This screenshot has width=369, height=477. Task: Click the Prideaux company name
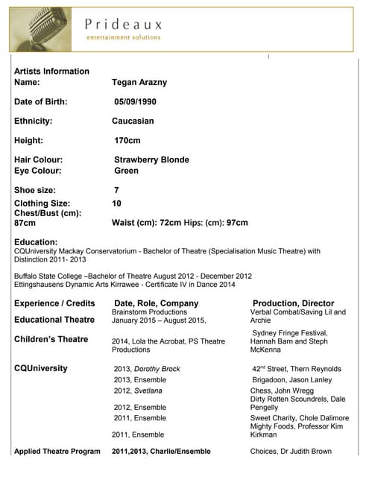(x=123, y=24)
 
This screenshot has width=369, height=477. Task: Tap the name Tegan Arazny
(x=140, y=83)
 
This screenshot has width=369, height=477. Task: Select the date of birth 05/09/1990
(x=135, y=101)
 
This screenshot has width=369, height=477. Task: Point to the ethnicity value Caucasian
(x=133, y=121)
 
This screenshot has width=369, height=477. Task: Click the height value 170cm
(x=127, y=140)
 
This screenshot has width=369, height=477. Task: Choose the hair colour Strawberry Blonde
(x=151, y=159)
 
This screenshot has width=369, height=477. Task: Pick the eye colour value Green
(x=127, y=171)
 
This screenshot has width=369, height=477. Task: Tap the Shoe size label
(x=34, y=190)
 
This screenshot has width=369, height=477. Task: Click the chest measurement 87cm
(x=25, y=223)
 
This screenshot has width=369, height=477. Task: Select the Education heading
(x=36, y=242)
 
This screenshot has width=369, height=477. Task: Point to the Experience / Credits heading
(x=54, y=303)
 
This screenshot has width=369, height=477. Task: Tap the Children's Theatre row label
(x=51, y=339)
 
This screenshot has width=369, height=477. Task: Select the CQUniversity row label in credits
(x=41, y=368)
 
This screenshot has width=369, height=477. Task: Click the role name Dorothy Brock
(x=157, y=369)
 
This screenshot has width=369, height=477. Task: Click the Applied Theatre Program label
(x=57, y=451)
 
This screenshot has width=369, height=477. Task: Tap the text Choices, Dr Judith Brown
(x=291, y=451)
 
